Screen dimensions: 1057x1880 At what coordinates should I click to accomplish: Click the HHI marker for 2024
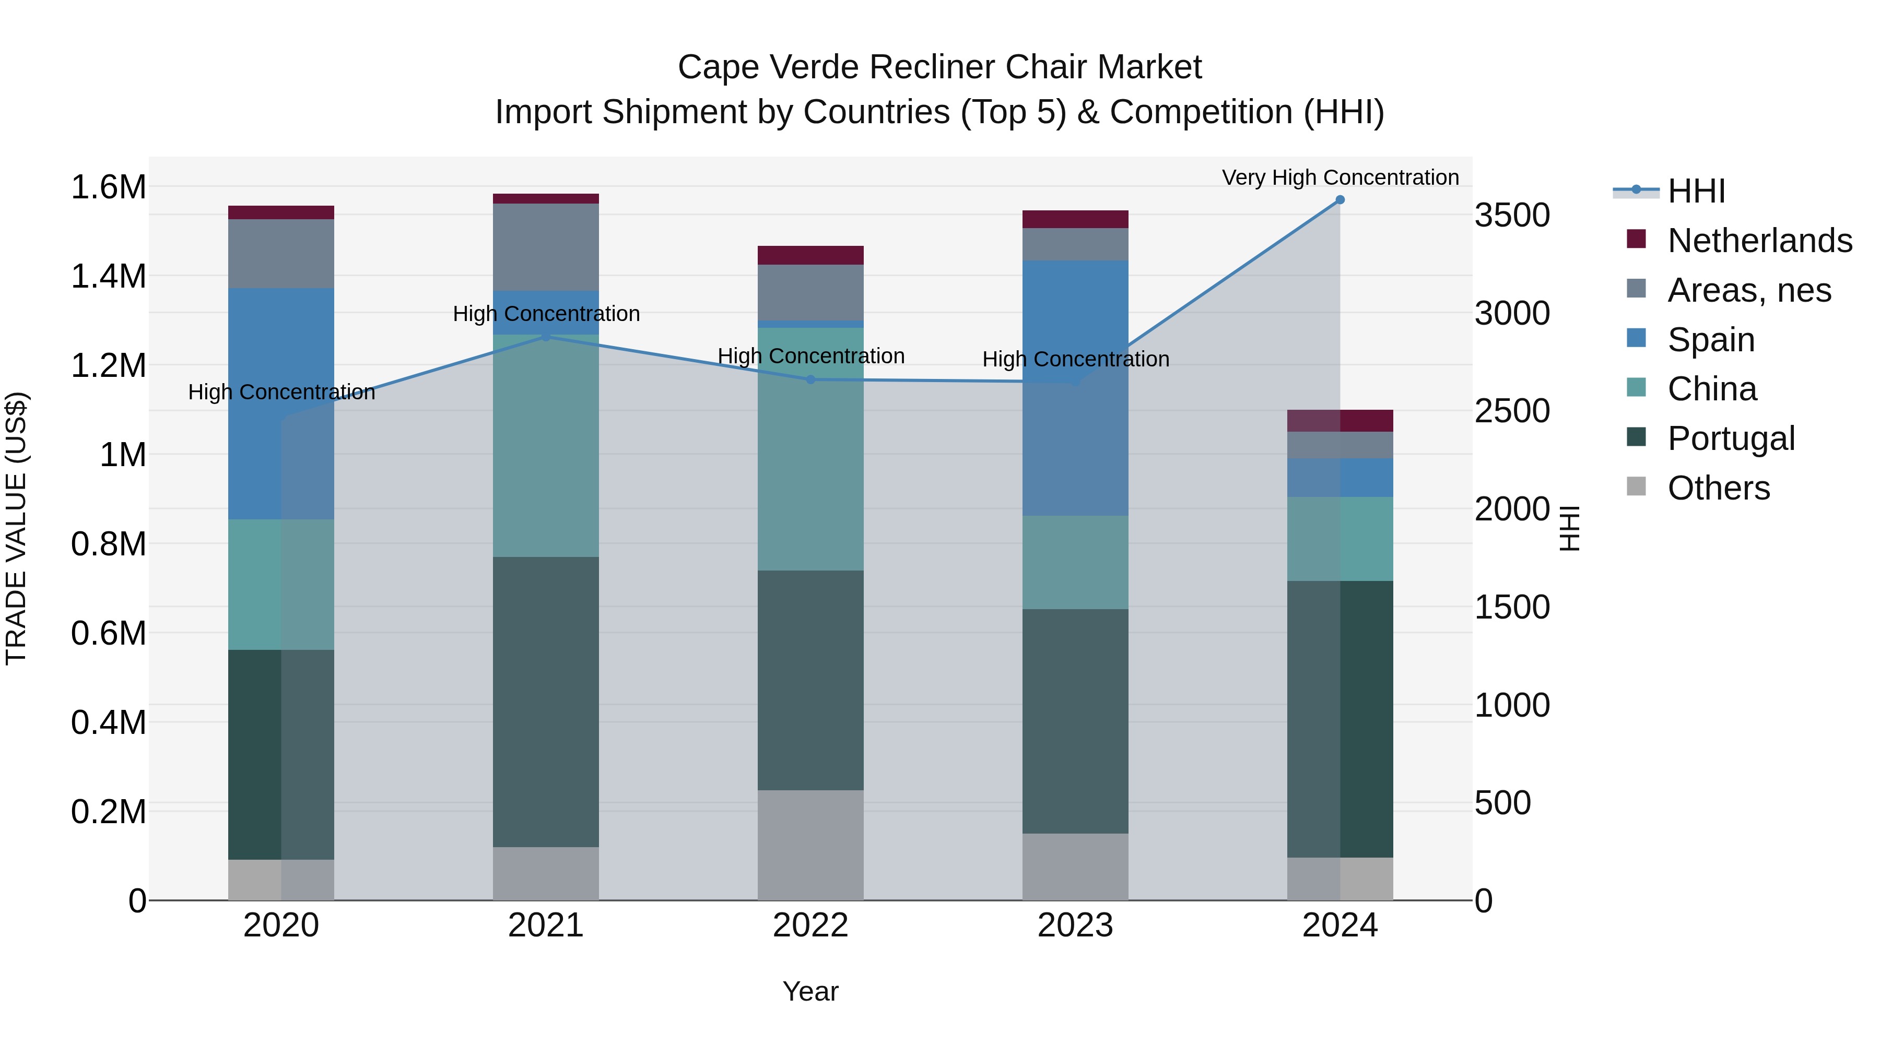tap(1340, 200)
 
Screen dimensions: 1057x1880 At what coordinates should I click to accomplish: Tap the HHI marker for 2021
tap(546, 336)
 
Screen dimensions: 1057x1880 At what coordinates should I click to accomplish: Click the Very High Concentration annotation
tap(1340, 177)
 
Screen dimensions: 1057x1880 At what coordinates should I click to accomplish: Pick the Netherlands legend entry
tap(1759, 241)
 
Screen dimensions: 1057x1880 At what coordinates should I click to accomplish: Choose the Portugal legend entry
tap(1731, 438)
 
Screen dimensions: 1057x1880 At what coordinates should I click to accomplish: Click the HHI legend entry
tap(1696, 191)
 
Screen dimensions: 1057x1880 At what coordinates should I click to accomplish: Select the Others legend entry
tap(1718, 488)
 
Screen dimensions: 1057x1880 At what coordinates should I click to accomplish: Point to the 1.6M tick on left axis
tap(108, 187)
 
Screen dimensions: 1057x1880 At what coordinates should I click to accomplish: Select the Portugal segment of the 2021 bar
tap(546, 702)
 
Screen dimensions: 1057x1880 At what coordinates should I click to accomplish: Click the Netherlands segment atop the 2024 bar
tap(1340, 421)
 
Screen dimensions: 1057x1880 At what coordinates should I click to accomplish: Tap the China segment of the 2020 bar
tap(281, 584)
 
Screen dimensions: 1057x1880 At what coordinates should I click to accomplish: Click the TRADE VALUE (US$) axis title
tap(16, 528)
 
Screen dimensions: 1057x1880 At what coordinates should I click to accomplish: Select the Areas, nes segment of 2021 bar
tap(546, 247)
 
